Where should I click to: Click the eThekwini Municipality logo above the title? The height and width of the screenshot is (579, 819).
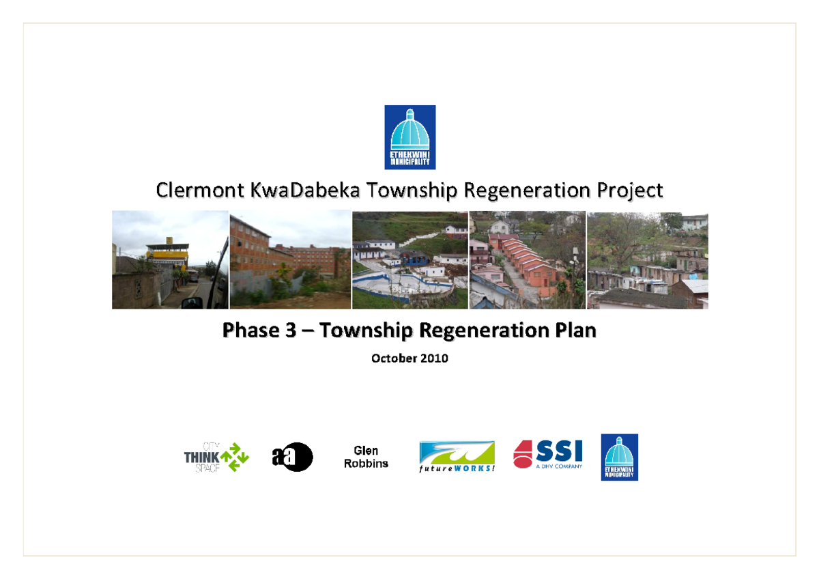409,137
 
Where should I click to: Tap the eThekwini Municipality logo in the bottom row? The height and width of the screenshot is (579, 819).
619,457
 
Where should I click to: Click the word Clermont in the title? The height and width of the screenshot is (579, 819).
200,190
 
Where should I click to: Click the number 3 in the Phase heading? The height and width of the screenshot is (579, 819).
291,331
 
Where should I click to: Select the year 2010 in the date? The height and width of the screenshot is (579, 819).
434,358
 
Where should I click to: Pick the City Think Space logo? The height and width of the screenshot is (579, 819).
216,457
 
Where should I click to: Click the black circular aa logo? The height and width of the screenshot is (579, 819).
292,457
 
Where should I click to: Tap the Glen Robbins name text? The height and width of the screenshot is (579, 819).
366,457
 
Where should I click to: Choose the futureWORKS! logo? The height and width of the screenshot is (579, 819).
457,457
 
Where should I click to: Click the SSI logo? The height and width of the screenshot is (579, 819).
548,454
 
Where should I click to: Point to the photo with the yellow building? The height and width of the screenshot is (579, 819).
170,260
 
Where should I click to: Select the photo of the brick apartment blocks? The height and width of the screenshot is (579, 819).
290,260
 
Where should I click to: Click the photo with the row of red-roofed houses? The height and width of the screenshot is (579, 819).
527,260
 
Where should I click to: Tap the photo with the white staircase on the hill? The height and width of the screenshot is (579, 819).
410,260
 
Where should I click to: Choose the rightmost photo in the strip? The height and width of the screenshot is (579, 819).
647,260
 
